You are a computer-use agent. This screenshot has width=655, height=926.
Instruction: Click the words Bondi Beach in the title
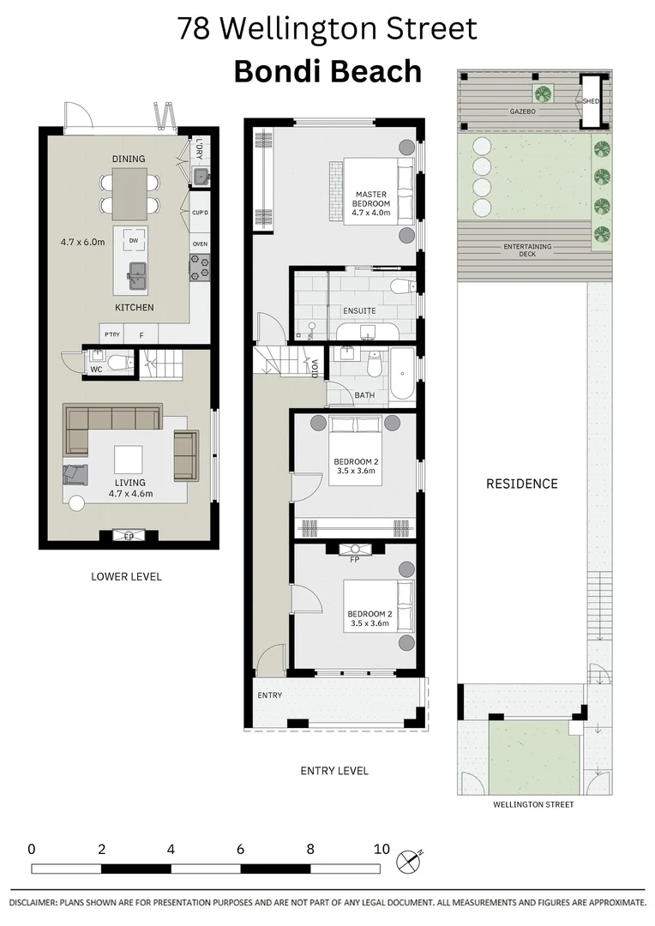327,71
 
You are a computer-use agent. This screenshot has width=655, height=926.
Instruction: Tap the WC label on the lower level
96,370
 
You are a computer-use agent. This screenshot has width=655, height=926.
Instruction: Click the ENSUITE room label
358,310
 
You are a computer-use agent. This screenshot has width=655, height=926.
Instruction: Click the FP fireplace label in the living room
129,537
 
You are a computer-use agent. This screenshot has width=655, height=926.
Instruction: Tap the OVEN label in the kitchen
200,244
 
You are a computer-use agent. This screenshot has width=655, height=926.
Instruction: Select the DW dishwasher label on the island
133,241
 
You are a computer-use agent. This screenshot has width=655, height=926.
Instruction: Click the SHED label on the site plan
591,101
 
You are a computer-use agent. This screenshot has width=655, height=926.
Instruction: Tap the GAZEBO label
522,111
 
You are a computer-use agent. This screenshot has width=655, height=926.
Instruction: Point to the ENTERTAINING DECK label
527,250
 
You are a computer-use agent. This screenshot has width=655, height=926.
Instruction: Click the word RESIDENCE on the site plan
521,484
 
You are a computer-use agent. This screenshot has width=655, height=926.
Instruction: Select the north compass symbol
410,859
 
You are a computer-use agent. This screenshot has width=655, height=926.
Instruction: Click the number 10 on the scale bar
382,850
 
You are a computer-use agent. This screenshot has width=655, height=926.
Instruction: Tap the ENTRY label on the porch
269,694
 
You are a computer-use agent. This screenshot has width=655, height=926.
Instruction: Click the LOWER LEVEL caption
126,577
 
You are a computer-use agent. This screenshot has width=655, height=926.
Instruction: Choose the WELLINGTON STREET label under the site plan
533,805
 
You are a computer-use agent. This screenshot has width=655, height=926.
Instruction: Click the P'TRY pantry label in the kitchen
111,334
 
